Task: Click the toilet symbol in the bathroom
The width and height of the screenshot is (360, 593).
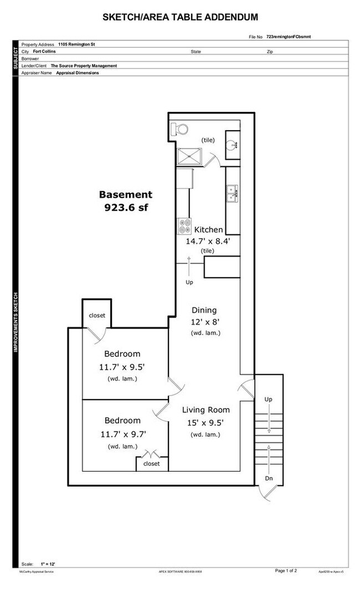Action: pos(179,129)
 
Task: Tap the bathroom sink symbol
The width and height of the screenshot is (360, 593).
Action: pos(233,145)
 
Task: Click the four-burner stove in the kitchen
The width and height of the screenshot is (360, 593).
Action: pos(184,227)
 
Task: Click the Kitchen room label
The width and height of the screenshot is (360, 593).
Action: pos(208,229)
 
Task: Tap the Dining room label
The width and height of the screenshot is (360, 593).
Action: pos(204,310)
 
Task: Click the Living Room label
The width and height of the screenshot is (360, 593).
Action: pos(206,410)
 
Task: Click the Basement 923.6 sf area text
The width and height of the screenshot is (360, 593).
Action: pos(125,201)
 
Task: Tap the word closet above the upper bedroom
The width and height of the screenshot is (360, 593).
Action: pos(97,315)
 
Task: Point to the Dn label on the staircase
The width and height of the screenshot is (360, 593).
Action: pos(269,478)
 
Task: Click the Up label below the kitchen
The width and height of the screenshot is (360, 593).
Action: pos(189,283)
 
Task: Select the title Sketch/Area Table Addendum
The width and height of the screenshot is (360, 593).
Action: pos(180,18)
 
